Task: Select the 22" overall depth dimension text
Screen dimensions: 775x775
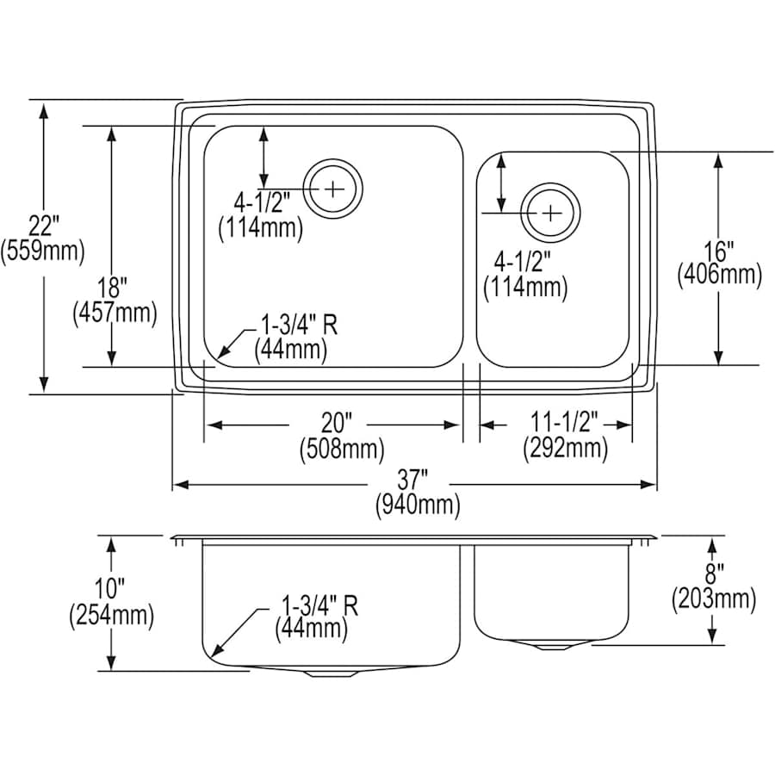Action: click(x=41, y=226)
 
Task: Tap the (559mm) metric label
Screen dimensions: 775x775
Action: click(x=42, y=251)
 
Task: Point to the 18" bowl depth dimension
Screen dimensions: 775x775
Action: click(x=112, y=287)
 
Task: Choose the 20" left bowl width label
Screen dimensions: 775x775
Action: click(x=338, y=424)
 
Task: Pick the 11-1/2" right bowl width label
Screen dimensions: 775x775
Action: click(x=565, y=424)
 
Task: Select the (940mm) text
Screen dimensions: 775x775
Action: click(x=417, y=505)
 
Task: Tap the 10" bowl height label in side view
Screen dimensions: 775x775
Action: click(x=111, y=590)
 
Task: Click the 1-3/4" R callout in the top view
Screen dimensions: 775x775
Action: click(x=298, y=325)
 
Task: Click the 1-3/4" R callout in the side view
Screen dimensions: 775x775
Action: click(x=317, y=605)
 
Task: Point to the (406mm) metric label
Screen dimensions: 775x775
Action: click(x=719, y=276)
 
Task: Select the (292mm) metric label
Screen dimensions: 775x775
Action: click(x=565, y=449)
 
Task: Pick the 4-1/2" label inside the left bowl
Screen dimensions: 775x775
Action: click(x=262, y=202)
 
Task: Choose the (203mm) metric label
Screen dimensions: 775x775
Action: click(x=713, y=598)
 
